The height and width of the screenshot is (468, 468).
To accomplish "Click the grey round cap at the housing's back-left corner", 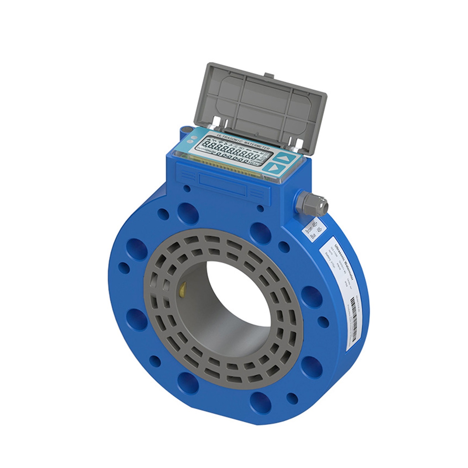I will (186, 129).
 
